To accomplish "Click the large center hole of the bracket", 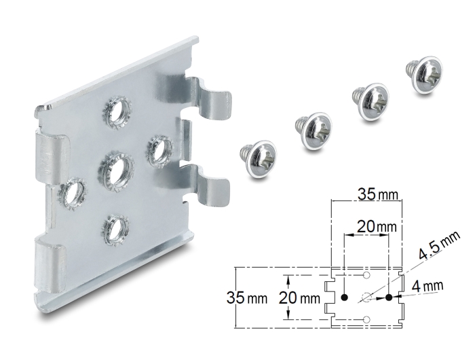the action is (x=116, y=172).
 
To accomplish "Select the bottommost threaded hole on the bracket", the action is (x=117, y=230).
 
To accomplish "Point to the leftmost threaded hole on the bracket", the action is (x=73, y=194).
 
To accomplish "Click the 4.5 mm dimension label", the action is (x=439, y=246).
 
